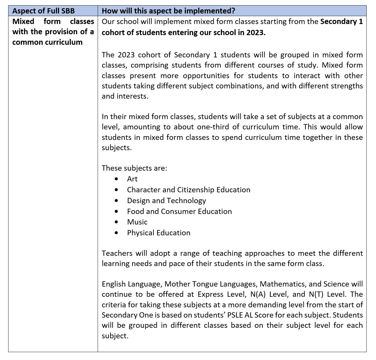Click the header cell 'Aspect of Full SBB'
44,11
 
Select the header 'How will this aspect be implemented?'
168,11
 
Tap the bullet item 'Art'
132,179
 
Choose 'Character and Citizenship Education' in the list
189,190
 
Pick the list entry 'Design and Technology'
166,200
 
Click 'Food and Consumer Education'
179,211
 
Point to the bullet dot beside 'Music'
117,222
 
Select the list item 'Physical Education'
158,233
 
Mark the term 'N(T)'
316,294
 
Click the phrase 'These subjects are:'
134,168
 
